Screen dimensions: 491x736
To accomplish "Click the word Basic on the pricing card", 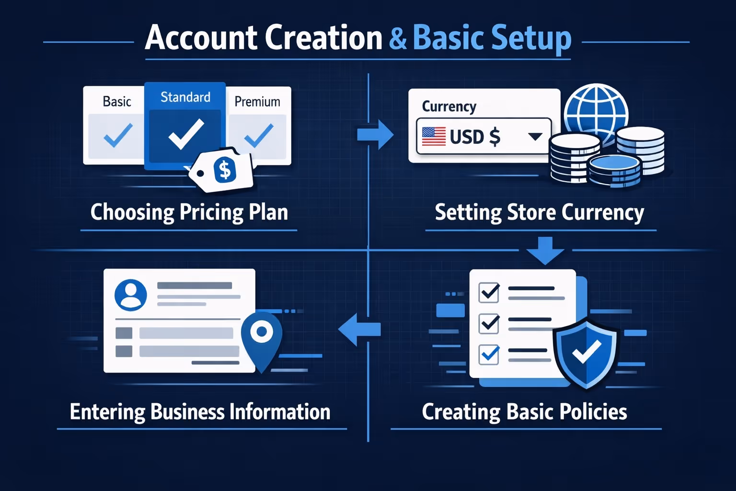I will point(117,102).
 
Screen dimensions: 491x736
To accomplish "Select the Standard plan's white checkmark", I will point(186,134).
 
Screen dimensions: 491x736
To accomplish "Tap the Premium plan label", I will point(257,102).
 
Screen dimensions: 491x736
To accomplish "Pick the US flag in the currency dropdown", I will point(434,137).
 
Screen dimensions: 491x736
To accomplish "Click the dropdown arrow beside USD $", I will point(535,137).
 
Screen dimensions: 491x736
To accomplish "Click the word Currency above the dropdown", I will point(449,106).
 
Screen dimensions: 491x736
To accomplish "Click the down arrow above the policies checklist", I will point(545,250).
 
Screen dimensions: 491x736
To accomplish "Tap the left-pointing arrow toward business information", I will point(359,329).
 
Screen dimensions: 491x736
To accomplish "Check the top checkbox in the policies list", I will point(489,292).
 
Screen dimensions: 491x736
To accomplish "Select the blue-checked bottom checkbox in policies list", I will point(489,354).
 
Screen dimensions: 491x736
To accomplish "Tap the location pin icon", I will point(261,336).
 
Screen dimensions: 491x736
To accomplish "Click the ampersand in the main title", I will point(398,38).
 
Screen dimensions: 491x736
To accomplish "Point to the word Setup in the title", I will point(531,38).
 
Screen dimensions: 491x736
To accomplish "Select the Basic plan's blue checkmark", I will point(118,135).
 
